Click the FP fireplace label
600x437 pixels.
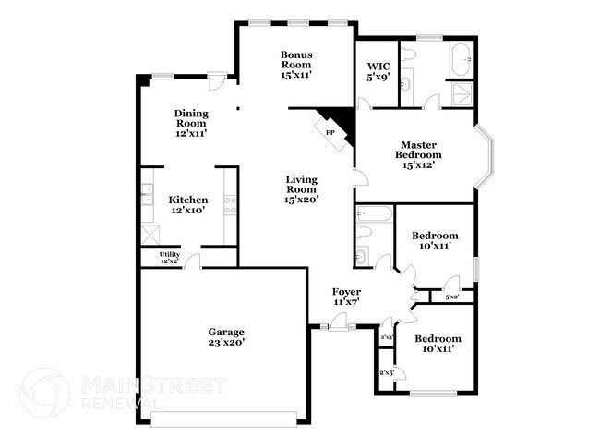(330, 132)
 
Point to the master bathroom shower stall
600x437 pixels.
(460, 94)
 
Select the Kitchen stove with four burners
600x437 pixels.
(229, 205)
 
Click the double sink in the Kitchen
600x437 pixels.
(146, 195)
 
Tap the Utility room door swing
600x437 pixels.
(191, 262)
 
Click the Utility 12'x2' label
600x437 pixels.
(169, 258)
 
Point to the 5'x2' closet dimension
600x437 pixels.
(452, 297)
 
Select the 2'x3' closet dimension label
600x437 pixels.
(387, 337)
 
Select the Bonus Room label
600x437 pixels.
(296, 60)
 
